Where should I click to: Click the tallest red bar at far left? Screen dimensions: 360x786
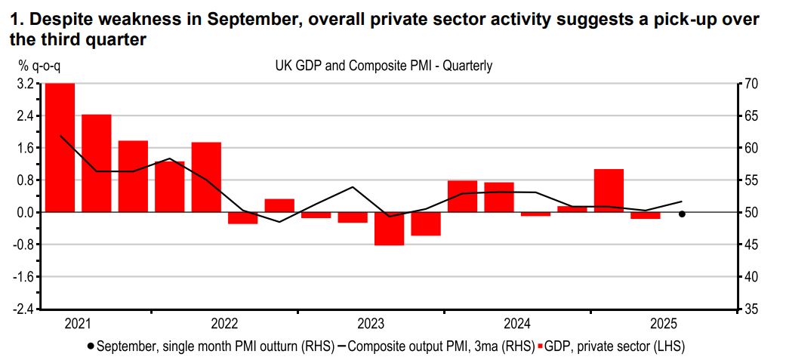click(x=60, y=147)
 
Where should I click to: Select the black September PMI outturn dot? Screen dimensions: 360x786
click(x=682, y=214)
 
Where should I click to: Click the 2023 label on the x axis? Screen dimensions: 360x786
click(x=370, y=325)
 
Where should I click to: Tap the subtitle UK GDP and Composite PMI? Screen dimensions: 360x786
click(x=384, y=66)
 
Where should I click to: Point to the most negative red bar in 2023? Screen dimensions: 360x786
click(x=389, y=229)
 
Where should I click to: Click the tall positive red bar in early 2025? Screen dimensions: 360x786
click(x=609, y=190)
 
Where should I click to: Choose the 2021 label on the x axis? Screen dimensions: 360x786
click(x=78, y=325)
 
